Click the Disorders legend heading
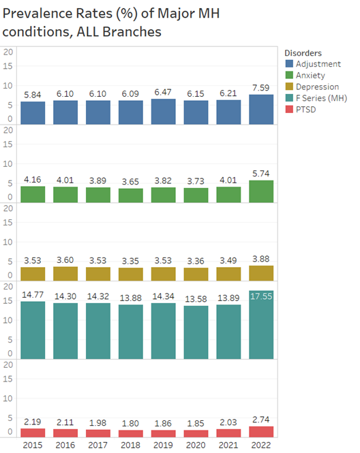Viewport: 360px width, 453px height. [303, 53]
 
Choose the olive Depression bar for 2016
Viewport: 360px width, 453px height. [65, 274]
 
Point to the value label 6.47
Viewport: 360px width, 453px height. [163, 91]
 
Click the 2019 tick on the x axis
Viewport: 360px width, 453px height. [163, 444]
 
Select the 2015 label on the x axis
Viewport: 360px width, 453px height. [33, 444]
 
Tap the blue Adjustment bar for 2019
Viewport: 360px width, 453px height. [163, 112]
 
